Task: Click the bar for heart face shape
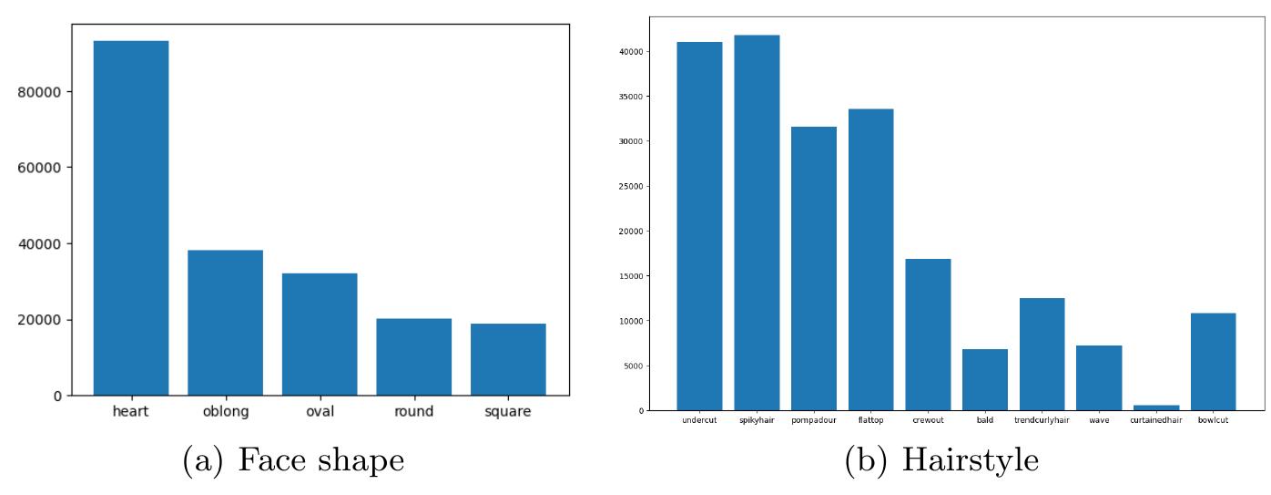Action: coord(131,219)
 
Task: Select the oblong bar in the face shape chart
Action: coord(225,323)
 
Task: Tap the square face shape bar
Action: coord(508,359)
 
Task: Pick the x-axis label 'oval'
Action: coord(320,412)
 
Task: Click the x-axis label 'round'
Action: coord(413,412)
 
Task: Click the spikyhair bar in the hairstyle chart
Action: coord(757,223)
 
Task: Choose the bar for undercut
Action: coord(699,226)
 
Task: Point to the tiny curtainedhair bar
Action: coord(1155,407)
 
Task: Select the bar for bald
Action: coord(984,379)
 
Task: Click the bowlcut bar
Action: coord(1213,361)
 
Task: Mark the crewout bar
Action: coord(928,335)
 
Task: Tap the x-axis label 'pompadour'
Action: coord(814,420)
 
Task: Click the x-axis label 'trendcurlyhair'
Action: coord(1042,420)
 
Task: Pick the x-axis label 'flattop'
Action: coord(870,420)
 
